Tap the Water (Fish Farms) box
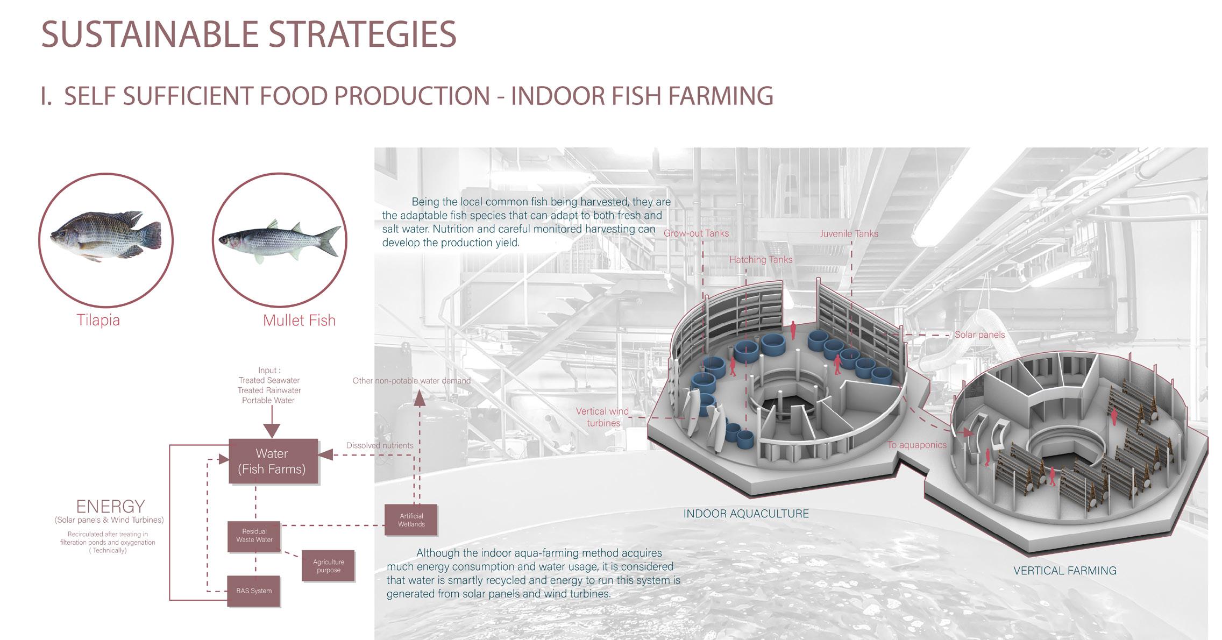tap(273, 461)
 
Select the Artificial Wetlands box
tap(411, 520)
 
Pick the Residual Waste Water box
tap(254, 536)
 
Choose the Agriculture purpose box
tap(328, 566)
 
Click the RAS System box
tap(254, 591)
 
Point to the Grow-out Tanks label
tap(696, 233)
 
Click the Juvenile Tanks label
tap(849, 233)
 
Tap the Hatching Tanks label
tap(761, 260)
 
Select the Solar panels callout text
tap(979, 335)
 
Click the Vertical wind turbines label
tap(602, 417)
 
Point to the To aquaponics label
tap(916, 445)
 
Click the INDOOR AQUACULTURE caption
tap(746, 514)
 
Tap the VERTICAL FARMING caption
tap(1065, 571)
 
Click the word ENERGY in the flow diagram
tap(110, 507)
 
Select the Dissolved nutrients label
tap(380, 445)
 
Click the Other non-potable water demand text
tap(411, 381)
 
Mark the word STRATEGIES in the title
tap(362, 34)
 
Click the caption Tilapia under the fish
tap(98, 321)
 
